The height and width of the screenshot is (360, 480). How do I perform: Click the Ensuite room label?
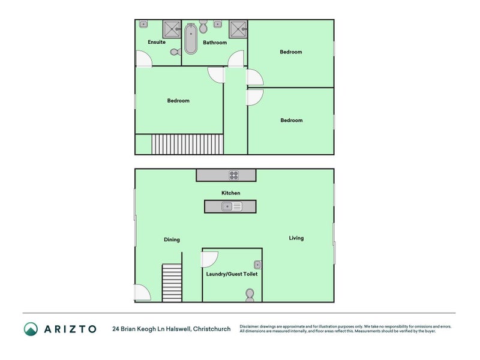click(157, 42)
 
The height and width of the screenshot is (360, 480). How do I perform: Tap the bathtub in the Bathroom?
click(191, 38)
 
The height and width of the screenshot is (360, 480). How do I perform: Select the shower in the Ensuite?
click(172, 28)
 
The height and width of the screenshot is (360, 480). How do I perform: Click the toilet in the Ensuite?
click(175, 52)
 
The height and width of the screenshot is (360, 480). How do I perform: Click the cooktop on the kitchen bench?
click(233, 175)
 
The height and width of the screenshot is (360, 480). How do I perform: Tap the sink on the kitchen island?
click(231, 206)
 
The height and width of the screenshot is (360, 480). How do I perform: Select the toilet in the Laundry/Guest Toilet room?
click(250, 295)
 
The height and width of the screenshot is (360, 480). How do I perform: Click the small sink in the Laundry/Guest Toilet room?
click(257, 264)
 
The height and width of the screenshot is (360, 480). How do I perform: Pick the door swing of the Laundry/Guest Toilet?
click(210, 258)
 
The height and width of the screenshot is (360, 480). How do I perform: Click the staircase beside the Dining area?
click(172, 283)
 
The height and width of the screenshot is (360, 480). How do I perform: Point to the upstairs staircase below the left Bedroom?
click(187, 144)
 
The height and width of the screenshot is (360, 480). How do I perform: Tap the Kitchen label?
click(231, 193)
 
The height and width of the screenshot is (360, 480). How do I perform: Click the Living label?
click(296, 238)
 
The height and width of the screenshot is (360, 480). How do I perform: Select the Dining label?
click(172, 240)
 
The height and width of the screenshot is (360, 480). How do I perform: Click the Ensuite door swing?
click(144, 59)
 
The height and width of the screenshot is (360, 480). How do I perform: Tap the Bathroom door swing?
click(236, 59)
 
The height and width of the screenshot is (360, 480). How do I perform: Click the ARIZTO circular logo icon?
click(31, 329)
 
